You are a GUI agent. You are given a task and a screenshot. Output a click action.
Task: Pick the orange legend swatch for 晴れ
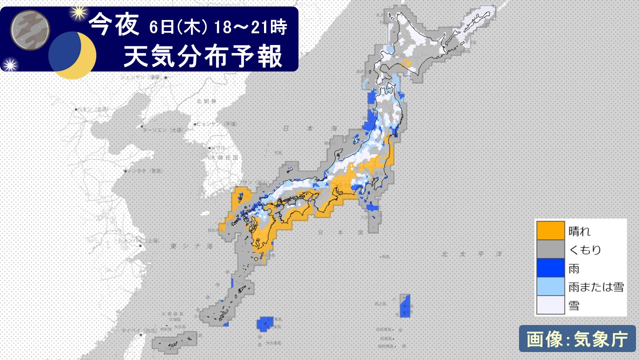click(x=550, y=231)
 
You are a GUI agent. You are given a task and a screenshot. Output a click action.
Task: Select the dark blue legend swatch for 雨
click(x=550, y=268)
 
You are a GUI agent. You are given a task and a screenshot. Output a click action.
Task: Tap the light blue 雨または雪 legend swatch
click(x=550, y=286)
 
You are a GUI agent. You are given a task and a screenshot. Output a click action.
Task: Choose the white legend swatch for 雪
click(x=550, y=304)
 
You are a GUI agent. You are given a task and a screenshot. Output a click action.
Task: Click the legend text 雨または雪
click(x=596, y=287)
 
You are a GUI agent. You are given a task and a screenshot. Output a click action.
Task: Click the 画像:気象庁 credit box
click(x=577, y=339)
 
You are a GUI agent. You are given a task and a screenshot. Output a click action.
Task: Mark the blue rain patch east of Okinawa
click(x=265, y=323)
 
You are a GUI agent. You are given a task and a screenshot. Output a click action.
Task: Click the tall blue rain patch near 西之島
click(x=405, y=305)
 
